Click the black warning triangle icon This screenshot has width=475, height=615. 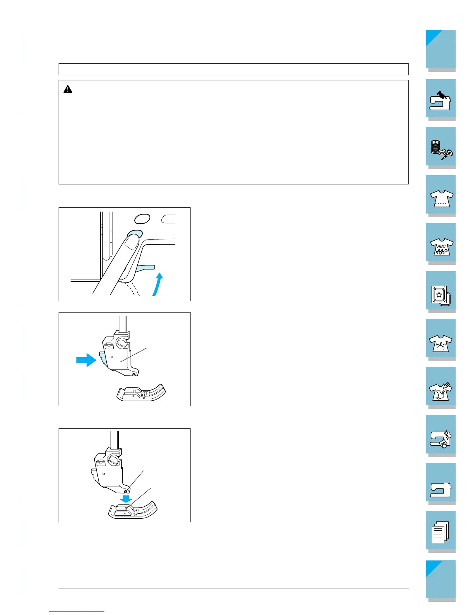click(68, 89)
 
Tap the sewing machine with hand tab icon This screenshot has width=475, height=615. click(440, 101)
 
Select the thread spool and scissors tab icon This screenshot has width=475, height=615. click(441, 150)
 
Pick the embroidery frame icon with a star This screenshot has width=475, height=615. click(441, 295)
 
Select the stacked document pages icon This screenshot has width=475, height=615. click(440, 532)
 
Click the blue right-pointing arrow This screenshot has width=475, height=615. click(86, 360)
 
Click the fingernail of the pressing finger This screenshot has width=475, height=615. click(132, 242)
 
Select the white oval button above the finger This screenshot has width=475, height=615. click(142, 219)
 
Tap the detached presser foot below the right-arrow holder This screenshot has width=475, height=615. click(141, 393)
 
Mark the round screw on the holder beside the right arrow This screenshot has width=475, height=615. click(121, 343)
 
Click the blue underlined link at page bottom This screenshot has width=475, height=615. click(77, 612)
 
